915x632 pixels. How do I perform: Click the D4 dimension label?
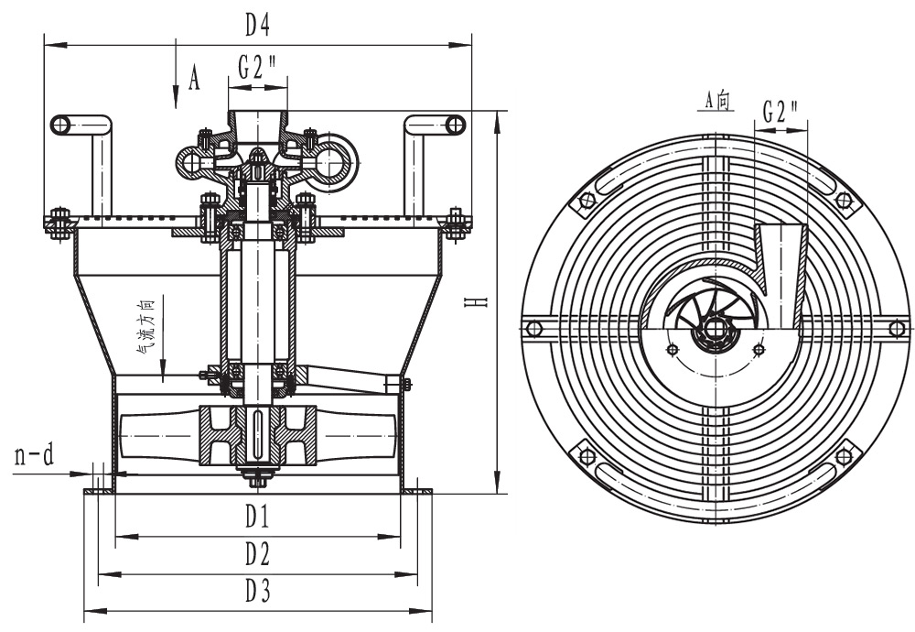(257, 27)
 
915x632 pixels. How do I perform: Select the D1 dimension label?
(257, 518)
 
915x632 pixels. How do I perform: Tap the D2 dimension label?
(257, 554)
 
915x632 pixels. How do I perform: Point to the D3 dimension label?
(257, 592)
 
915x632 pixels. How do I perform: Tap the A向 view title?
(717, 101)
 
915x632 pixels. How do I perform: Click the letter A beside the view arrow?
(194, 80)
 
